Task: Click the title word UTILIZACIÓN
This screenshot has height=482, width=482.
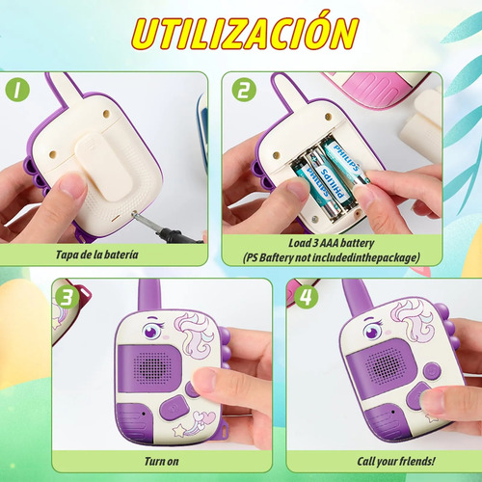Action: pyautogui.click(x=245, y=32)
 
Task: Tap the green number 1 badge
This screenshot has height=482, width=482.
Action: pyautogui.click(x=17, y=90)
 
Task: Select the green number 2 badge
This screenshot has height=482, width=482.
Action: pyautogui.click(x=244, y=90)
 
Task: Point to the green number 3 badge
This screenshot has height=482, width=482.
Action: pyautogui.click(x=67, y=297)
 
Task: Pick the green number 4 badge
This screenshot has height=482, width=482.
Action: pyautogui.click(x=306, y=297)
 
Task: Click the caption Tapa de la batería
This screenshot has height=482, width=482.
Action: pyautogui.click(x=97, y=254)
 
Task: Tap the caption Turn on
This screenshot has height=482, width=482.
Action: pyautogui.click(x=162, y=462)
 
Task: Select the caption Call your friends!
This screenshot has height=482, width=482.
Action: pyautogui.click(x=396, y=462)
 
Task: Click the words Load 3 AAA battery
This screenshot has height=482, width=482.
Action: pyautogui.click(x=332, y=243)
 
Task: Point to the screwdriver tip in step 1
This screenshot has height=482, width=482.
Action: pyautogui.click(x=135, y=213)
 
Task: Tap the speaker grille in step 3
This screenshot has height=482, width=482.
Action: pyautogui.click(x=152, y=368)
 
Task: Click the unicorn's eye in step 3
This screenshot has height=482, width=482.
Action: pyautogui.click(x=151, y=331)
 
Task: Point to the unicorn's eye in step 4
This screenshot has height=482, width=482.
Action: pyautogui.click(x=373, y=330)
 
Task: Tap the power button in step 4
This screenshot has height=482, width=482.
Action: pyautogui.click(x=432, y=370)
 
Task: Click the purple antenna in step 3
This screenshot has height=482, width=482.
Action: pyautogui.click(x=148, y=296)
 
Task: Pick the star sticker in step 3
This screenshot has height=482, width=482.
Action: pyautogui.click(x=179, y=431)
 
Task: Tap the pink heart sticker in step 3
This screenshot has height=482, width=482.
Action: pyautogui.click(x=209, y=416)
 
